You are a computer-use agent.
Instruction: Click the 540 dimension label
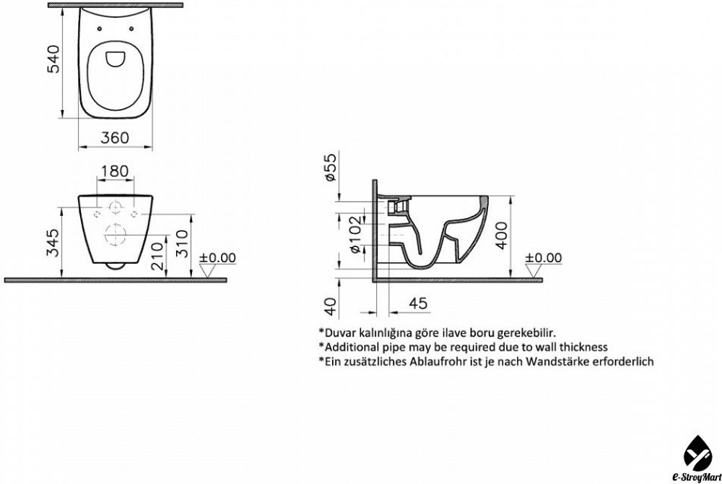pos(54,59)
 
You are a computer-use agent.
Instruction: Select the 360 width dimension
pos(115,137)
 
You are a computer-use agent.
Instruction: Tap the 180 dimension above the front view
pos(115,171)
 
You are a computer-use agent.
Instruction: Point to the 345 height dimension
pos(54,243)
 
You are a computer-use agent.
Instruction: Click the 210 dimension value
pos(157,256)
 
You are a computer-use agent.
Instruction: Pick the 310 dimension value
pos(183,243)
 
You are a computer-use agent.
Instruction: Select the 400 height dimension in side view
pos(502,235)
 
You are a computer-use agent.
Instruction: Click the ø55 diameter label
pos(331,167)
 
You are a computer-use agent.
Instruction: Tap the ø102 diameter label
pos(357,235)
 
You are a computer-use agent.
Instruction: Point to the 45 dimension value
pos(418,303)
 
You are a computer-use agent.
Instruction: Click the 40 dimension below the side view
pos(331,307)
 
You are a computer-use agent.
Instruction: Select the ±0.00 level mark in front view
pos(217,258)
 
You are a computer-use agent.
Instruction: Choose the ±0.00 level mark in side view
pos(544,258)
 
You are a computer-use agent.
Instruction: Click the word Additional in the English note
pos(350,347)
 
